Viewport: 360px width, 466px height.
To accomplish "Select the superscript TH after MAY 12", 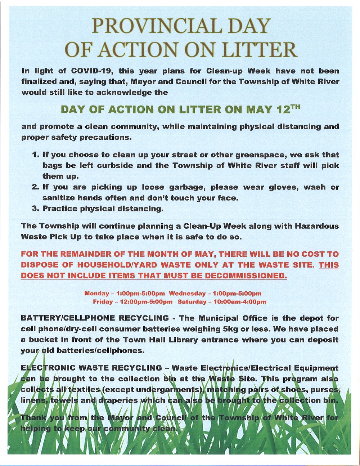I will (295, 107).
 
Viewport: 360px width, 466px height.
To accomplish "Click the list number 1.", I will (35, 155).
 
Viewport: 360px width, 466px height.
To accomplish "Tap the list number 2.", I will (35, 187).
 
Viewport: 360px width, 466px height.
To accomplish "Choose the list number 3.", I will (35, 209).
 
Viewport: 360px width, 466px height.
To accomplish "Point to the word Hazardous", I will (317, 226).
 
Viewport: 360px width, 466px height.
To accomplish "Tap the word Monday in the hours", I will (96, 294).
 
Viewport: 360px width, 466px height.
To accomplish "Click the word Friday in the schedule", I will (103, 302).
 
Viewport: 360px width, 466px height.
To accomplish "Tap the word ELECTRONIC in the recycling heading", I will (48, 368).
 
